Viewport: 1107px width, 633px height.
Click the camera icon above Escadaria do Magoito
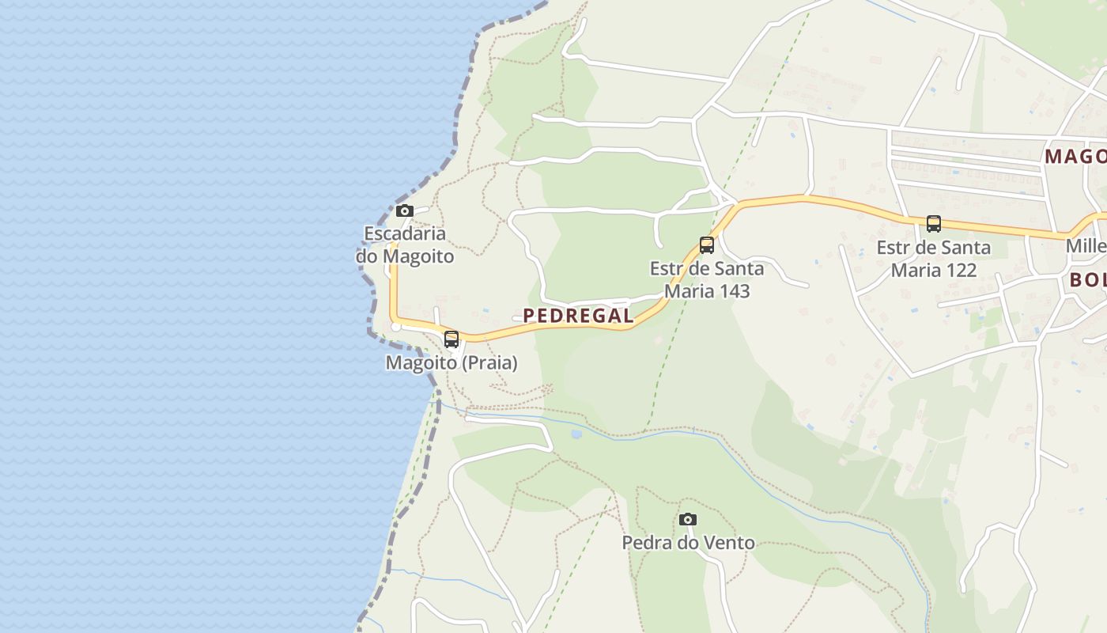(x=404, y=210)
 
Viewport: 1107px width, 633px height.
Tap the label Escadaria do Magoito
(x=405, y=244)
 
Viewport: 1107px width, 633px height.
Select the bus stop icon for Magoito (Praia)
(x=451, y=339)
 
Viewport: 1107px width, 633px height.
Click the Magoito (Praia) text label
(x=451, y=363)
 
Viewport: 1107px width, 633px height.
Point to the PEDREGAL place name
(x=578, y=316)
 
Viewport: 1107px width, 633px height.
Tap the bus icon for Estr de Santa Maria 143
(x=707, y=245)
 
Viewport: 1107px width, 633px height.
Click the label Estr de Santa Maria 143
(x=707, y=279)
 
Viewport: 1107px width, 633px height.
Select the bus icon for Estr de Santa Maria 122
(x=934, y=224)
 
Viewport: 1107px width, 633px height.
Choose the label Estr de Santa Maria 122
(x=934, y=259)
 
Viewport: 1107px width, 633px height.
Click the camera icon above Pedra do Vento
(x=688, y=520)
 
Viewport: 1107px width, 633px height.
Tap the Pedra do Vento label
(x=688, y=543)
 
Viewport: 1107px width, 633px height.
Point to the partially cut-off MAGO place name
(x=1075, y=156)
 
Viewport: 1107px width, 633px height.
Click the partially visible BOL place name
(x=1087, y=279)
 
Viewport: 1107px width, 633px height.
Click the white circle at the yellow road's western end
(x=396, y=326)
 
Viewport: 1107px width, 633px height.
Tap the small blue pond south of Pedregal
(x=576, y=434)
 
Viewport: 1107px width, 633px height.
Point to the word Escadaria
(x=405, y=233)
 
